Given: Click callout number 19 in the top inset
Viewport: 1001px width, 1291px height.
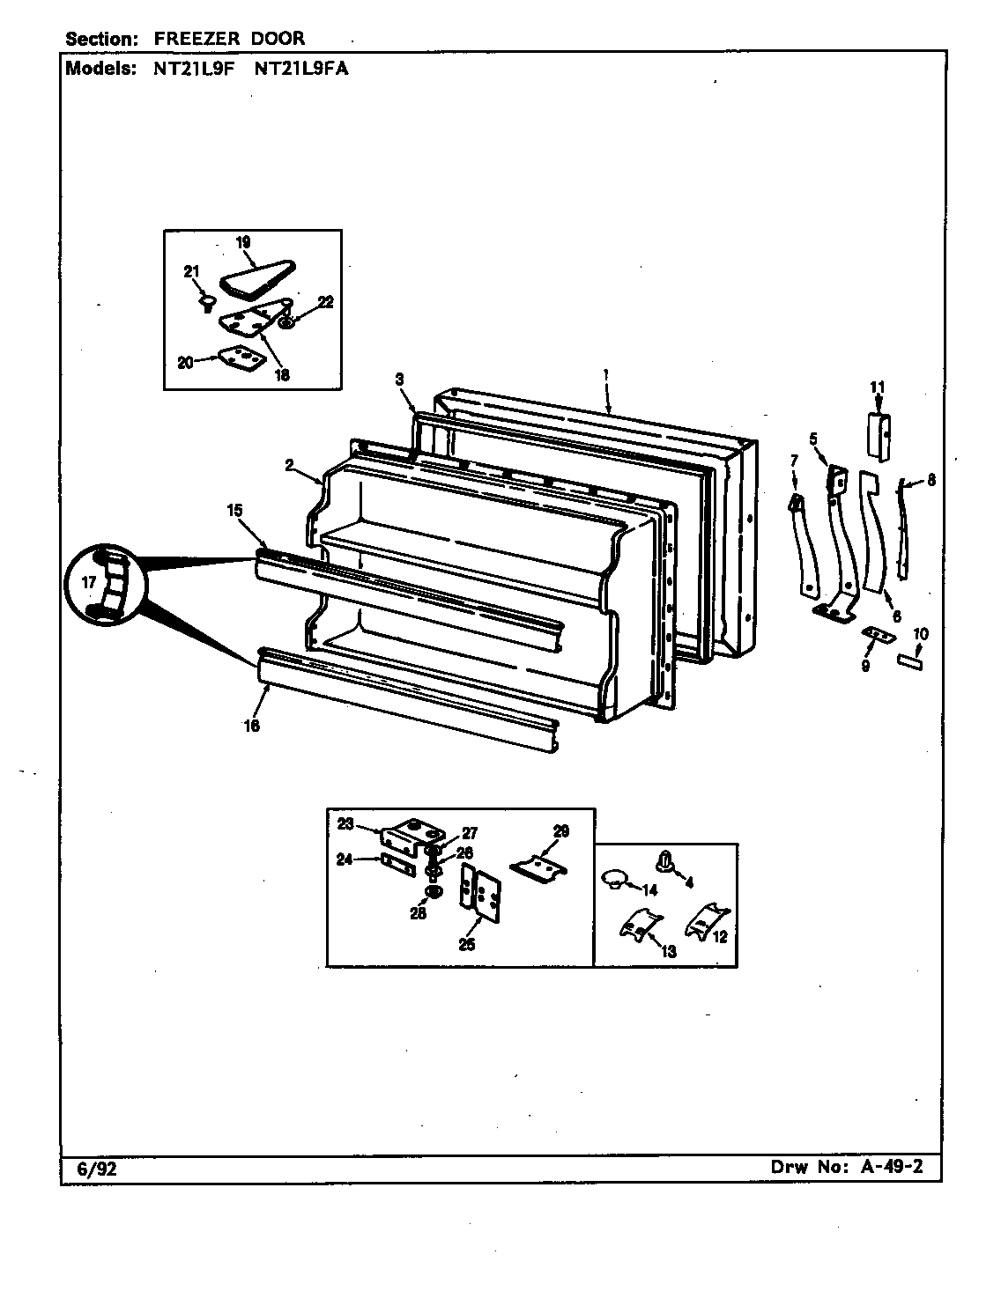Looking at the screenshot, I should click(x=244, y=241).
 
